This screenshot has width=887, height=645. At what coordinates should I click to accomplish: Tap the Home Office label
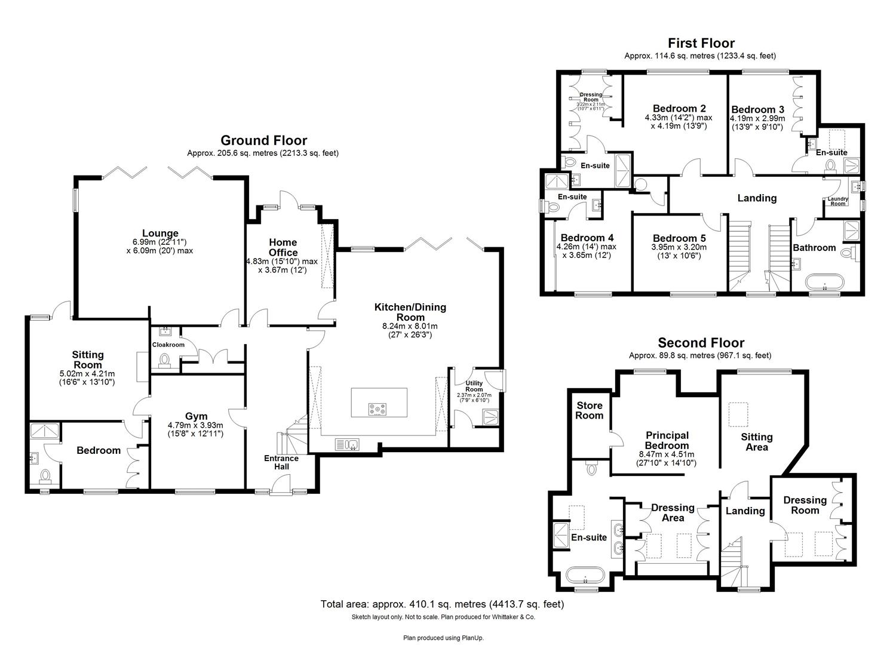(x=283, y=247)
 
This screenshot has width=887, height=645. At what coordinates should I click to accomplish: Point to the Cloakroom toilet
(x=164, y=360)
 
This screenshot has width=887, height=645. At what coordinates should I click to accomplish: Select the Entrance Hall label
(x=281, y=462)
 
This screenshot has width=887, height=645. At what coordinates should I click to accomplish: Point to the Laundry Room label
(x=837, y=201)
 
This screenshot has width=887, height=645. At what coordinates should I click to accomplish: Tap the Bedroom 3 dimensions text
(x=757, y=122)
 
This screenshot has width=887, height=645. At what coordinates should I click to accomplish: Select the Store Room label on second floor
(x=589, y=410)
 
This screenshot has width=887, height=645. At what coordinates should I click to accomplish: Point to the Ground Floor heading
(x=263, y=140)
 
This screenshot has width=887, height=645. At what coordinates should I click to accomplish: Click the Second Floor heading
(x=701, y=343)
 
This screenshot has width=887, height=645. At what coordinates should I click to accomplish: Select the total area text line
(x=442, y=604)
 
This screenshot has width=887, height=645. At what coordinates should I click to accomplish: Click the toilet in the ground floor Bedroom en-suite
(x=45, y=476)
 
